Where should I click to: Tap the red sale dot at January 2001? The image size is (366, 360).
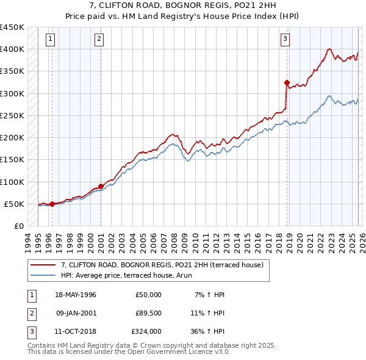pyautogui.click(x=101, y=186)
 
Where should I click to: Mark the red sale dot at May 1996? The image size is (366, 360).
pyautogui.click(x=52, y=204)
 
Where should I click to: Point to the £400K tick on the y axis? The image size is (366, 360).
pyautogui.click(x=12, y=49)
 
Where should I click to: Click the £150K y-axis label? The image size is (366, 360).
pyautogui.click(x=12, y=159)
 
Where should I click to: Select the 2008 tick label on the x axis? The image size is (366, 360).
pyautogui.click(x=174, y=240)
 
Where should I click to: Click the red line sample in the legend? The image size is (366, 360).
pyautogui.click(x=43, y=265)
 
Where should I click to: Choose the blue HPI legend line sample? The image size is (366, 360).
pyautogui.click(x=43, y=276)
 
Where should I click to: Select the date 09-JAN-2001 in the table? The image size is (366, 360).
pyautogui.click(x=76, y=313)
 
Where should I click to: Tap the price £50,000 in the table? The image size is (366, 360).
pyautogui.click(x=148, y=295)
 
